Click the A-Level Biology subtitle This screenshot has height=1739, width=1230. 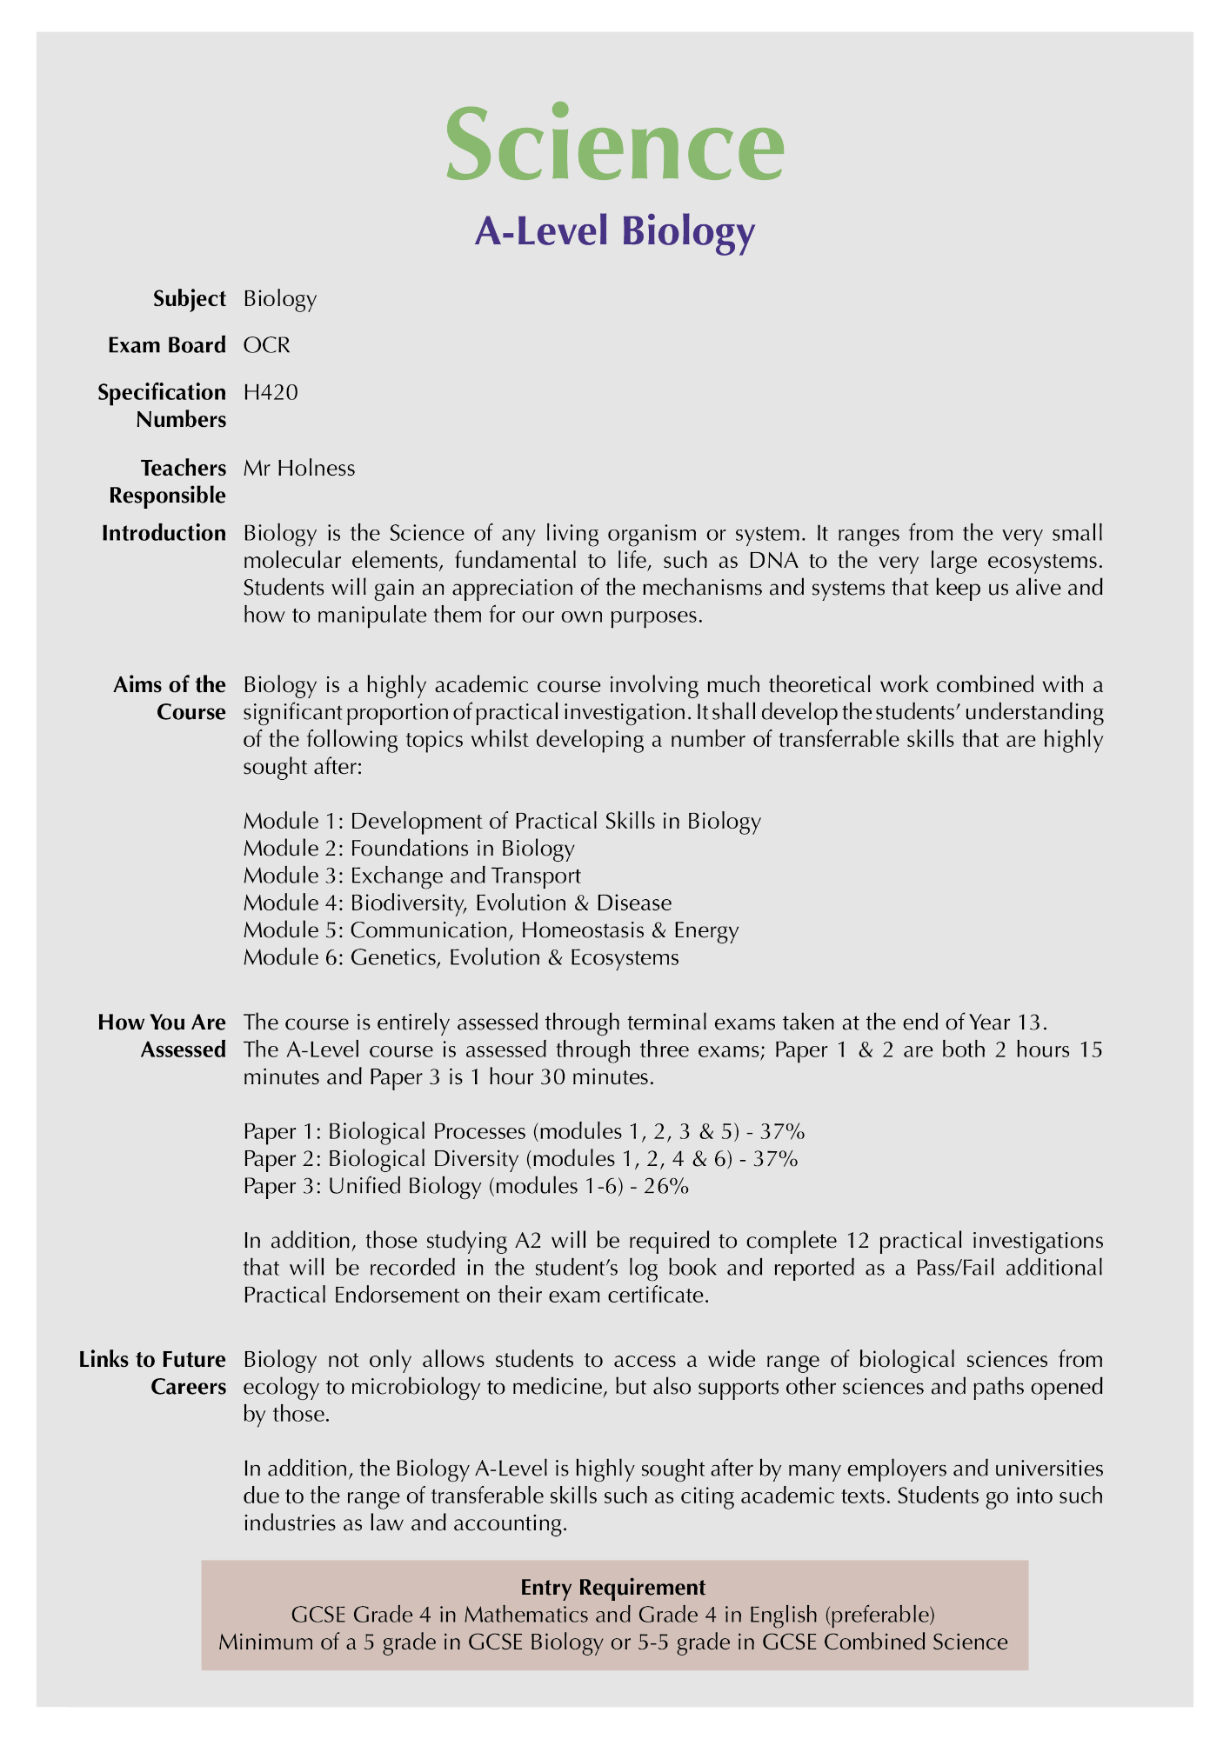tap(614, 232)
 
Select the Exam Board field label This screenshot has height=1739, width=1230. tap(167, 345)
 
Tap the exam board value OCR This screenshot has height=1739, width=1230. tap(267, 345)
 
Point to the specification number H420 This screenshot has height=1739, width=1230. tap(271, 392)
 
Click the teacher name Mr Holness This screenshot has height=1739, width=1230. tap(299, 468)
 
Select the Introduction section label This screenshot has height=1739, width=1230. tap(164, 533)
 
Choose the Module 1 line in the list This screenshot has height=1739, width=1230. tap(502, 821)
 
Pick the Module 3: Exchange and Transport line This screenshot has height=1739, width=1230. tap(411, 876)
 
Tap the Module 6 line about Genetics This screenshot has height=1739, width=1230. tap(461, 958)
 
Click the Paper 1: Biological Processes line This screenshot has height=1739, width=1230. tap(524, 1131)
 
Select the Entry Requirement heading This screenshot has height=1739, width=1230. tap(613, 1587)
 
